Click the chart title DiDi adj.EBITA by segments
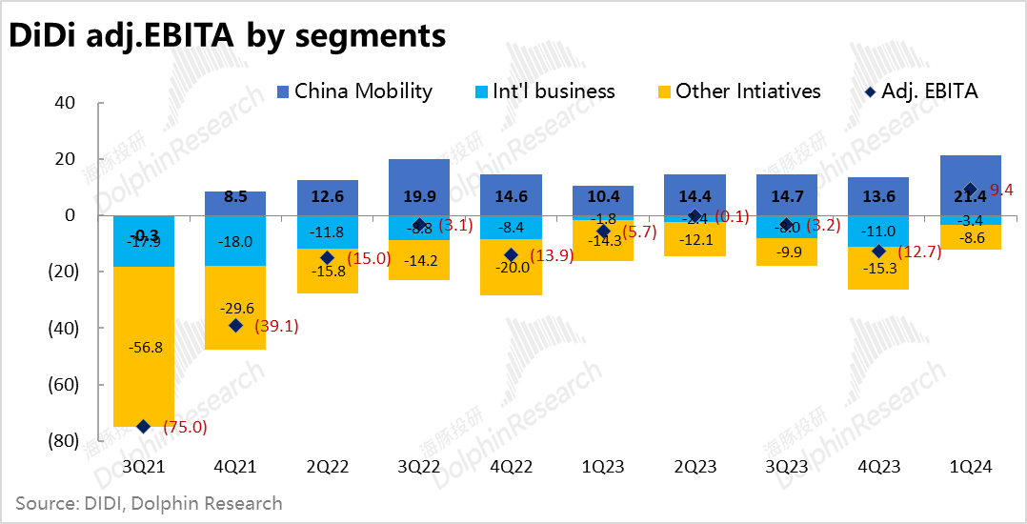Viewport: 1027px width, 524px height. tap(228, 35)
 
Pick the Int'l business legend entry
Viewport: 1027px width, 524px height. tap(544, 91)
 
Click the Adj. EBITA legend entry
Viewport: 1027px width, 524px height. tap(918, 91)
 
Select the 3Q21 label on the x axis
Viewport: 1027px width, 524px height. tap(144, 468)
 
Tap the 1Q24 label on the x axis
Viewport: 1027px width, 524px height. tap(970, 468)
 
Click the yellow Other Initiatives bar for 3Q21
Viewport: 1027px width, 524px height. tap(144, 381)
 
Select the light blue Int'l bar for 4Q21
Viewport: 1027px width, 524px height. tap(235, 241)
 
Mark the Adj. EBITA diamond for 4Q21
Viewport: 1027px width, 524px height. tap(235, 326)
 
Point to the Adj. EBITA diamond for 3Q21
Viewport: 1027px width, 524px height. tap(144, 427)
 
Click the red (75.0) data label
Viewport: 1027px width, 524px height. tap(186, 427)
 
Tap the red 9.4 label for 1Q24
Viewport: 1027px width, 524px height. tap(1000, 190)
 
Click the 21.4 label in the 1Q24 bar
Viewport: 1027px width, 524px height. tap(970, 196)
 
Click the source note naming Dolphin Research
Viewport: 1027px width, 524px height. tap(149, 502)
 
